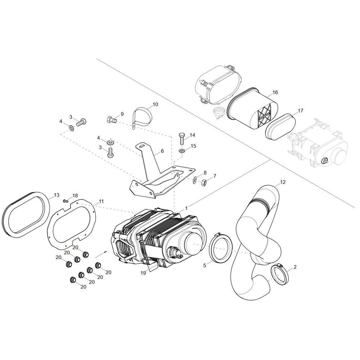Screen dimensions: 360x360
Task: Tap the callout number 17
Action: [300, 111]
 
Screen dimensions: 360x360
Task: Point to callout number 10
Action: [156, 104]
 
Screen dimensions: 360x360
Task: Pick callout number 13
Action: [57, 195]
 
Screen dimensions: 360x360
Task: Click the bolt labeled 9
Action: [112, 120]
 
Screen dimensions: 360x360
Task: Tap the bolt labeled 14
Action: [181, 138]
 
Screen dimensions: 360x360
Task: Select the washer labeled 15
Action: [181, 151]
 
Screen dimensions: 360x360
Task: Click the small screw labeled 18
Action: [66, 201]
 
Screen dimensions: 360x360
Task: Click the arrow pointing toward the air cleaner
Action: [101, 254]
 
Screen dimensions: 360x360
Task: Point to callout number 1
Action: [186, 208]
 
